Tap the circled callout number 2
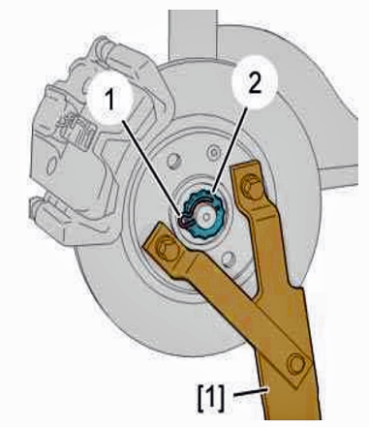(255, 82)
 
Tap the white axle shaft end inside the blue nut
(205, 216)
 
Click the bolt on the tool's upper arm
(252, 185)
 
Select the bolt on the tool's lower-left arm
(167, 247)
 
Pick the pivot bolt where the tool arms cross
(295, 363)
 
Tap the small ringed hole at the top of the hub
(213, 151)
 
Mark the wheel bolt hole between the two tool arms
(230, 259)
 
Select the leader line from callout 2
(230, 150)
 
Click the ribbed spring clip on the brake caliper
(76, 128)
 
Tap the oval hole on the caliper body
(51, 167)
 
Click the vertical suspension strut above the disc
(193, 35)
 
